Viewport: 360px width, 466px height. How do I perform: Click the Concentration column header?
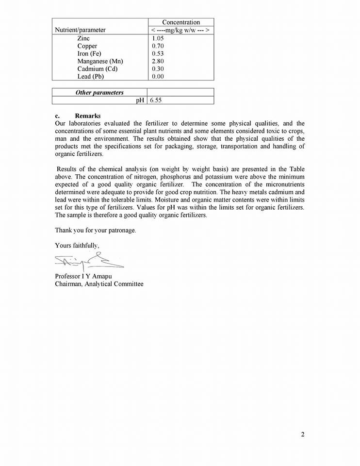point(180,22)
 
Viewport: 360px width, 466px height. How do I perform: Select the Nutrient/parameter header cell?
point(80,30)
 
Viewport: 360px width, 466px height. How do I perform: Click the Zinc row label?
point(83,38)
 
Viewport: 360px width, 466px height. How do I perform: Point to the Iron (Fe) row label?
point(89,53)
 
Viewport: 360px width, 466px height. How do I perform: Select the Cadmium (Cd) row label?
point(98,69)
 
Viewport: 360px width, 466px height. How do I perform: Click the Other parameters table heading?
point(99,93)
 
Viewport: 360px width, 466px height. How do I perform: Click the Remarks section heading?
point(88,116)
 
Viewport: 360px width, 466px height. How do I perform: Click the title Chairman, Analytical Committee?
point(99,284)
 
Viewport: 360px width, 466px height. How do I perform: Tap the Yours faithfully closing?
point(77,246)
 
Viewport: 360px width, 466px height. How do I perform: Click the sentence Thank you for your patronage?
point(95,230)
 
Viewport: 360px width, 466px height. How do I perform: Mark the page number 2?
point(303,434)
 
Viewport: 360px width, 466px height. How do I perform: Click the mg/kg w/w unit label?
point(180,30)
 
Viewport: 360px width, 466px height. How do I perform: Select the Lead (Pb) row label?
point(91,77)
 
